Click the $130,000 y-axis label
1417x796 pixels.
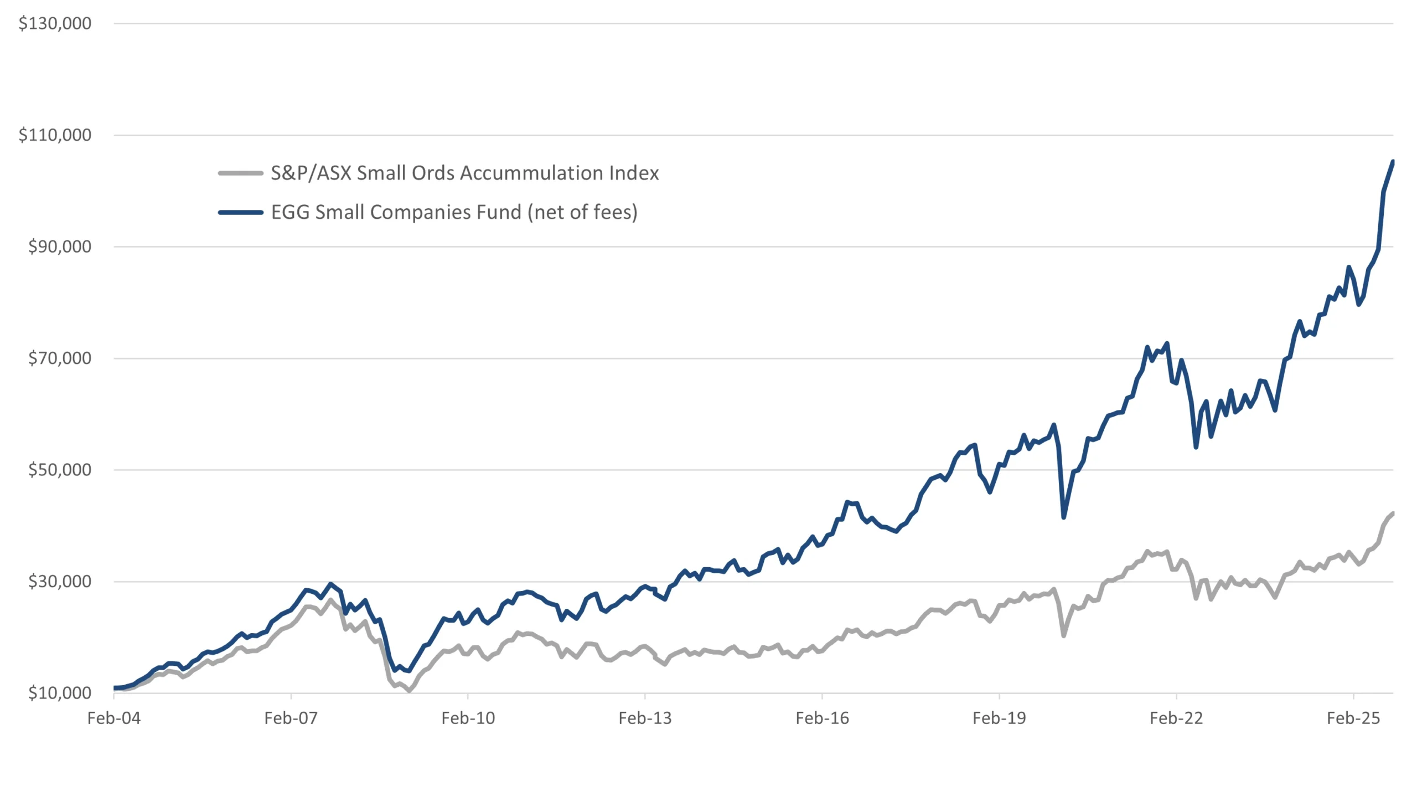pyautogui.click(x=55, y=23)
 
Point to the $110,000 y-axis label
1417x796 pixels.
pyautogui.click(x=55, y=135)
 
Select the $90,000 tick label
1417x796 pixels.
pyautogui.click(x=60, y=246)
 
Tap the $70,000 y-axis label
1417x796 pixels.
pyautogui.click(x=60, y=358)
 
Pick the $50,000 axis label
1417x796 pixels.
pyautogui.click(x=60, y=470)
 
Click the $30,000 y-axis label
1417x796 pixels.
pyautogui.click(x=60, y=581)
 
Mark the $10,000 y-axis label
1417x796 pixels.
pyautogui.click(x=60, y=693)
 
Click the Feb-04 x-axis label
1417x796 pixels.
pyautogui.click(x=114, y=718)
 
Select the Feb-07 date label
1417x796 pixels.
pyautogui.click(x=291, y=718)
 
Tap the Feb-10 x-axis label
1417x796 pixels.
pyautogui.click(x=468, y=718)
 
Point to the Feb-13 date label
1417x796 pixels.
pyautogui.click(x=645, y=718)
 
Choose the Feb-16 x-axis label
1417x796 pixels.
pyautogui.click(x=822, y=718)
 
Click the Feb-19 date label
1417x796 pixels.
pyautogui.click(x=999, y=718)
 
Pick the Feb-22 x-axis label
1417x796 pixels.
pyautogui.click(x=1176, y=718)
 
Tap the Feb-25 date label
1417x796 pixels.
pyautogui.click(x=1353, y=718)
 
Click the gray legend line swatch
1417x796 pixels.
pyautogui.click(x=240, y=173)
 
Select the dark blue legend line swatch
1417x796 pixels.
pyautogui.click(x=240, y=212)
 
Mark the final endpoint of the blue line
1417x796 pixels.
pyautogui.click(x=1393, y=162)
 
